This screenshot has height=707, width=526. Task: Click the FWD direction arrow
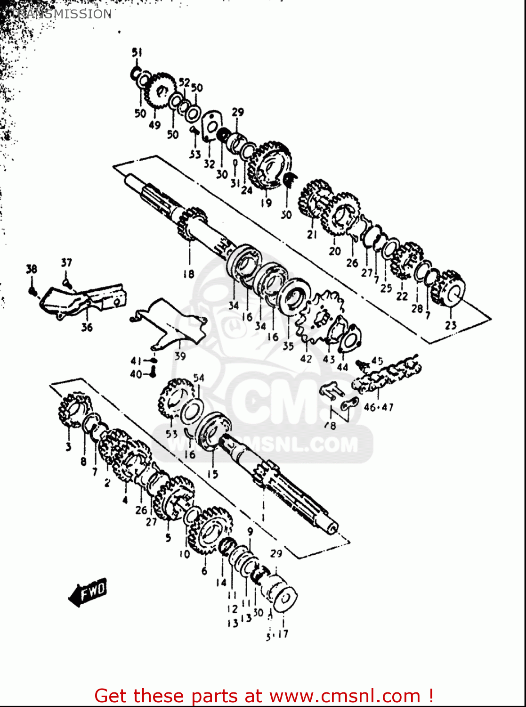[89, 592]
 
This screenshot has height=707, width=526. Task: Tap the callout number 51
[137, 52]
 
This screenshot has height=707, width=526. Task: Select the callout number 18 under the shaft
[189, 273]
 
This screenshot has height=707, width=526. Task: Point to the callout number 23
[451, 325]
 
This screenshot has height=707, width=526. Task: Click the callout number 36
[87, 327]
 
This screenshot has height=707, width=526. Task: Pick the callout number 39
[180, 356]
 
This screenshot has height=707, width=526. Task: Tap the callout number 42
[306, 358]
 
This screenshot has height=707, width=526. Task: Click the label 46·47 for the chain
[378, 407]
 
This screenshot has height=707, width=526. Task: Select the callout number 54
[199, 378]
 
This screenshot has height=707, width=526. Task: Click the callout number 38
[31, 270]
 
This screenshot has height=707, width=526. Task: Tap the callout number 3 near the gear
[68, 447]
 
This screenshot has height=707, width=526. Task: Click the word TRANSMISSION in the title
[61, 14]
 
